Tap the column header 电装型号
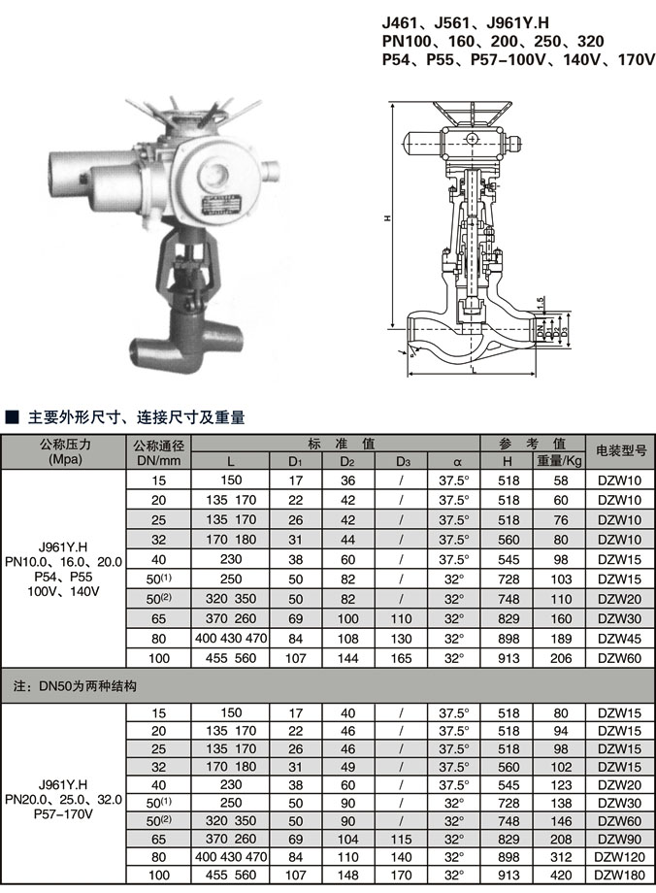point(620,451)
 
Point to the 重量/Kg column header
point(560,461)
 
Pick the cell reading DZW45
point(620,639)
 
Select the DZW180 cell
point(620,874)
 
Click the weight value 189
point(560,639)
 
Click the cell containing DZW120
point(620,856)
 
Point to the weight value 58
point(560,480)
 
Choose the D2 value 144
point(347,658)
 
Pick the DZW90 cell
point(620,838)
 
